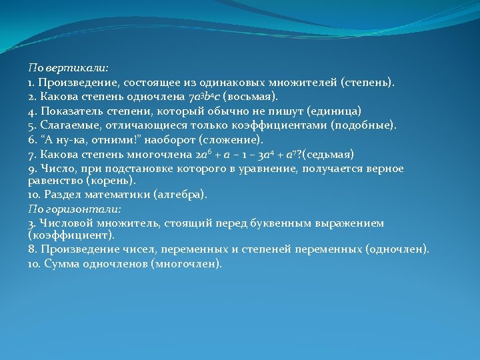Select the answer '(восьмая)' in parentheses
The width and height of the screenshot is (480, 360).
click(x=246, y=97)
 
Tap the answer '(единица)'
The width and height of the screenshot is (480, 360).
click(x=330, y=111)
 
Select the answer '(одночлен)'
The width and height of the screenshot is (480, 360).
click(x=398, y=249)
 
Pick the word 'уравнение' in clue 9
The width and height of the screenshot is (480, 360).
click(x=270, y=169)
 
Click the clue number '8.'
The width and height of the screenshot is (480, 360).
click(x=32, y=249)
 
